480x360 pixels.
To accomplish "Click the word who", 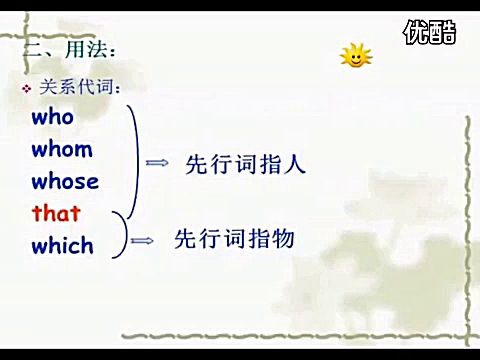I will click(x=53, y=117).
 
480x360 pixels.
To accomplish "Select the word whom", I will click(x=61, y=149).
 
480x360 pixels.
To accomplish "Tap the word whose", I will click(x=65, y=181).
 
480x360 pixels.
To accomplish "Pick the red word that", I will click(x=56, y=213).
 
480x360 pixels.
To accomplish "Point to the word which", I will click(x=62, y=245).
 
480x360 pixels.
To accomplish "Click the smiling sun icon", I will click(x=354, y=56).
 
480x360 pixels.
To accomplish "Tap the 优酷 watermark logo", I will click(x=430, y=33).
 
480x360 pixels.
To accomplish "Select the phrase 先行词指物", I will click(x=235, y=239).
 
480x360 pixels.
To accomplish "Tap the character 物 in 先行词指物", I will click(x=281, y=239).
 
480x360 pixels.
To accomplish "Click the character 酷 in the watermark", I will click(x=443, y=33).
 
